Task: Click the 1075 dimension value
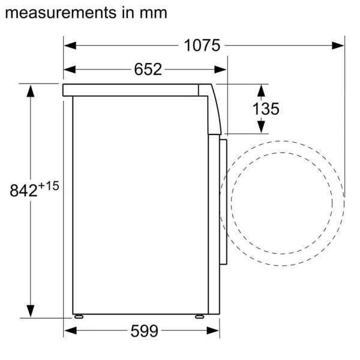click(202, 46)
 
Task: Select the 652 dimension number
click(148, 69)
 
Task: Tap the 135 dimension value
click(266, 109)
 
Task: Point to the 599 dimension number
click(145, 331)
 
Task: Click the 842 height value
click(23, 191)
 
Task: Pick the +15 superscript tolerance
click(49, 186)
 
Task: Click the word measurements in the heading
click(61, 13)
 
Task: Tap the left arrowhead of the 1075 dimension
click(70, 46)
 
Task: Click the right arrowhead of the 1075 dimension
click(338, 46)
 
